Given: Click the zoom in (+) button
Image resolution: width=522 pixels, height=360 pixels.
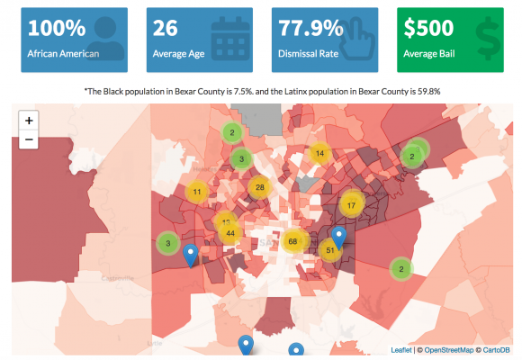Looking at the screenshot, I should point(29,120).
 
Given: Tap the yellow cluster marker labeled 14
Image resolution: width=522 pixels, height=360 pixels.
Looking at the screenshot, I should point(319,153).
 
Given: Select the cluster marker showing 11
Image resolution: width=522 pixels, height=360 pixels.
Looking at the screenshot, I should point(196,192).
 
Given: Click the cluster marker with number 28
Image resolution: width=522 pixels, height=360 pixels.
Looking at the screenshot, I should point(259,187).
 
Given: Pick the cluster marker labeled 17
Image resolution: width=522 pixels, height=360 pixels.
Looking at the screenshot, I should point(351,204).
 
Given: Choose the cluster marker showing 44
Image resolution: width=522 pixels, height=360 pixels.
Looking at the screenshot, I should point(230,233).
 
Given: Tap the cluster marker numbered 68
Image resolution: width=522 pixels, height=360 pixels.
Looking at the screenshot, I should point(292,241).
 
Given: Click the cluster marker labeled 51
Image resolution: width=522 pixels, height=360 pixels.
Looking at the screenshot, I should point(330,249).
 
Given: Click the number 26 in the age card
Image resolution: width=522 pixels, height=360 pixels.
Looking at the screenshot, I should point(166,28).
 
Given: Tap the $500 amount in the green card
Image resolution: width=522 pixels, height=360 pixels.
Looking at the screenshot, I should point(429,28).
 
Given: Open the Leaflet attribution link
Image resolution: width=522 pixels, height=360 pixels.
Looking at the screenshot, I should point(403,349).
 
